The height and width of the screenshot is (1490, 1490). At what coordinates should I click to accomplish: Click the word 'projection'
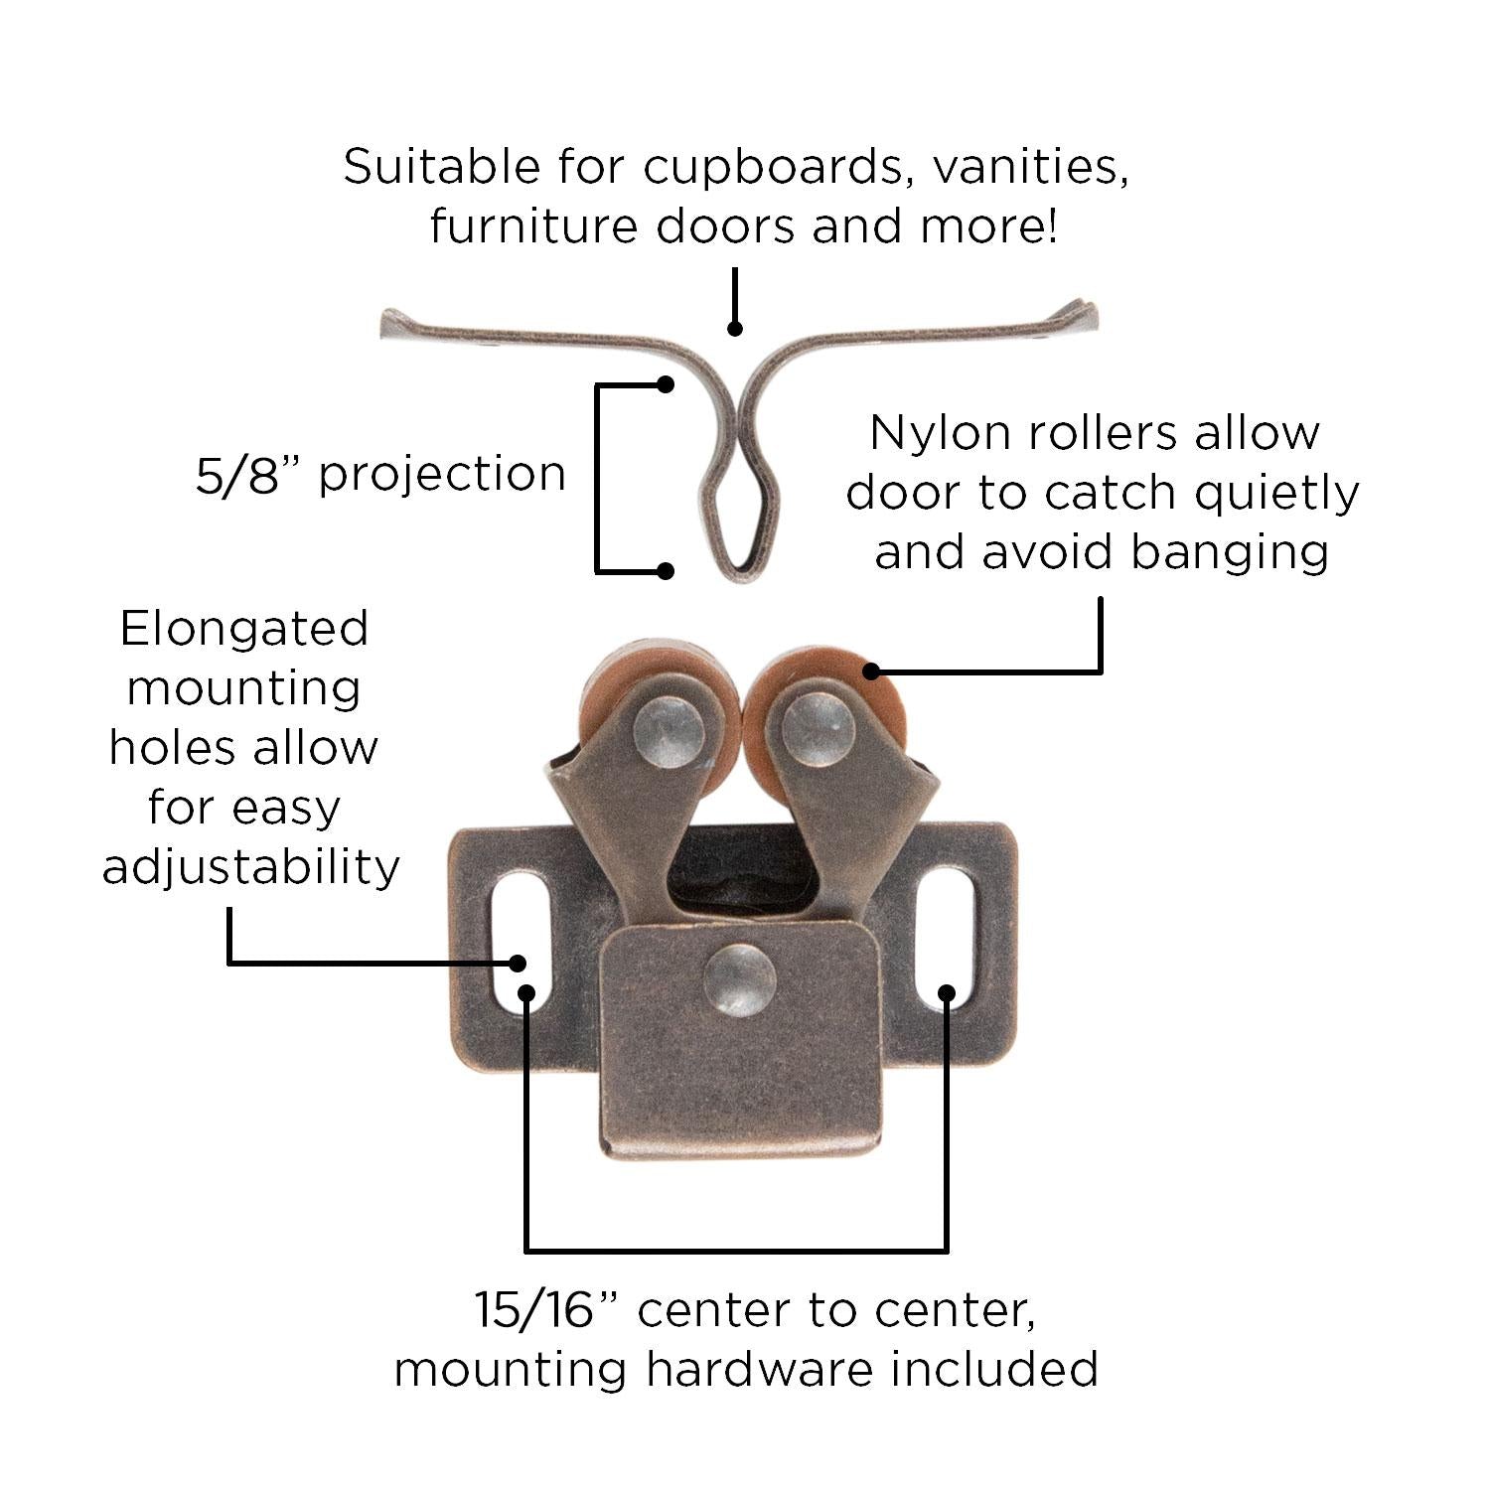(x=442, y=474)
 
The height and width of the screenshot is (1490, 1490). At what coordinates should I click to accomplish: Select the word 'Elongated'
(x=244, y=629)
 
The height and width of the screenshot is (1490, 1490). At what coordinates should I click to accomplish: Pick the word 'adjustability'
(x=250, y=867)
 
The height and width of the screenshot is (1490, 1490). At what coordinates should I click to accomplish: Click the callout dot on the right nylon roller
(x=871, y=670)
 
